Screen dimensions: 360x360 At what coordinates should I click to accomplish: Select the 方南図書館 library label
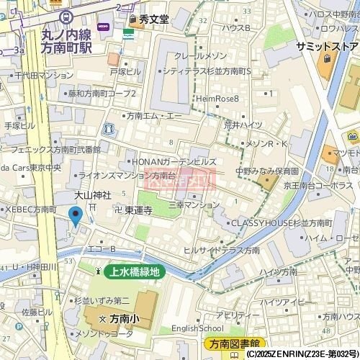click(x=235, y=343)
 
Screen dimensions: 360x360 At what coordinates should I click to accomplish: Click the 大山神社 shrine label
click(x=93, y=195)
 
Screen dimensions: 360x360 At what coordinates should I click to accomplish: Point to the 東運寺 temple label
click(x=138, y=210)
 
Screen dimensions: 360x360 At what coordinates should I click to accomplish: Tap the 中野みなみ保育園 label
click(x=267, y=171)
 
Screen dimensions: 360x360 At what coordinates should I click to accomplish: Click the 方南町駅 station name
click(x=68, y=48)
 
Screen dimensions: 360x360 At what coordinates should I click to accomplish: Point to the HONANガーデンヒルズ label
click(x=172, y=162)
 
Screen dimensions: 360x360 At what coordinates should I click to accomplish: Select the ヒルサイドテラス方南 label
click(x=222, y=250)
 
